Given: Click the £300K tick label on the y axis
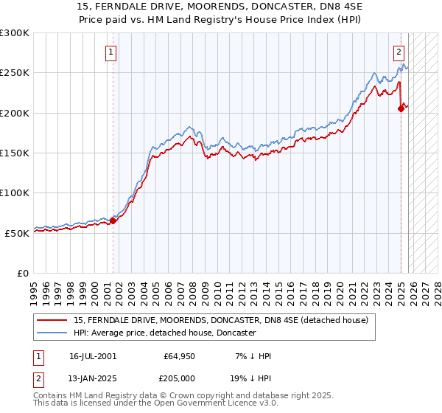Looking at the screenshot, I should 15,33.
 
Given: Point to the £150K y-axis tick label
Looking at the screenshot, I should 15,153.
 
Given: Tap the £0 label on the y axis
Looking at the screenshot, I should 24,273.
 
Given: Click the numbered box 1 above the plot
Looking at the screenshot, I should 110,52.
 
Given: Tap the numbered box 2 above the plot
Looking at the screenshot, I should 399,52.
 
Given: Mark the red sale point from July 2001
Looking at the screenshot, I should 113,221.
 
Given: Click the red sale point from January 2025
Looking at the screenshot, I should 401,108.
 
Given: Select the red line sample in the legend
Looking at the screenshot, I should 53,320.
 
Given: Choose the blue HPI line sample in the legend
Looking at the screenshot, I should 53,333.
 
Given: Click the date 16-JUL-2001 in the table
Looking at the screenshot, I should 93,356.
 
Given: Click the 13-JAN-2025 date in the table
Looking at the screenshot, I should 93,378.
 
